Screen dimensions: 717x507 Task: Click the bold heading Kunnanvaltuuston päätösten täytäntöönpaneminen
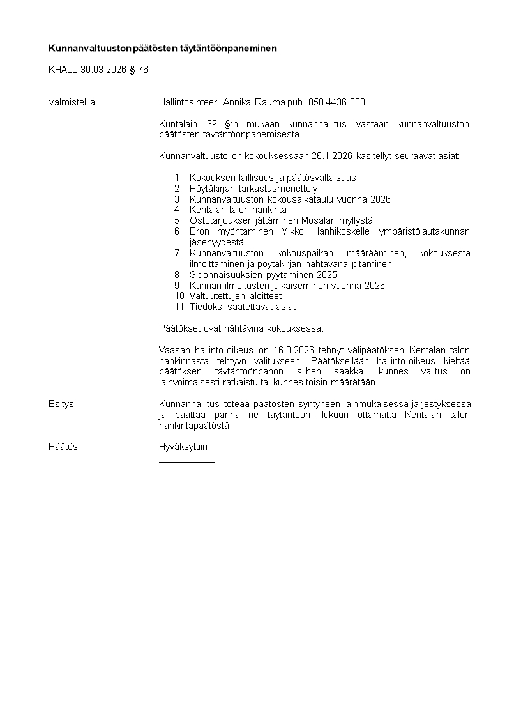(x=163, y=48)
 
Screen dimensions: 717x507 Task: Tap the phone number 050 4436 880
(x=337, y=102)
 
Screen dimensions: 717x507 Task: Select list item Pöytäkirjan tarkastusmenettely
(x=253, y=189)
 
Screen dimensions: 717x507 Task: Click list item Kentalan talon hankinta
(x=238, y=210)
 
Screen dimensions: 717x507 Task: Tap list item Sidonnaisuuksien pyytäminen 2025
(x=263, y=275)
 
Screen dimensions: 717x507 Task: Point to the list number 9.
(x=178, y=286)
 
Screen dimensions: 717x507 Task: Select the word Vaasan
(x=172, y=350)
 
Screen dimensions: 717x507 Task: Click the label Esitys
(x=61, y=404)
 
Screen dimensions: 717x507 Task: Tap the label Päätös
(x=63, y=447)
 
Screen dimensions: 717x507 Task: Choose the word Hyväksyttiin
(x=184, y=447)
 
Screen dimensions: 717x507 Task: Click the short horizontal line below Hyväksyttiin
(x=186, y=461)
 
